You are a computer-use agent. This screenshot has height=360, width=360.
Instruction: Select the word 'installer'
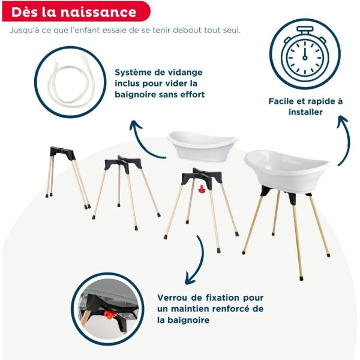305,112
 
